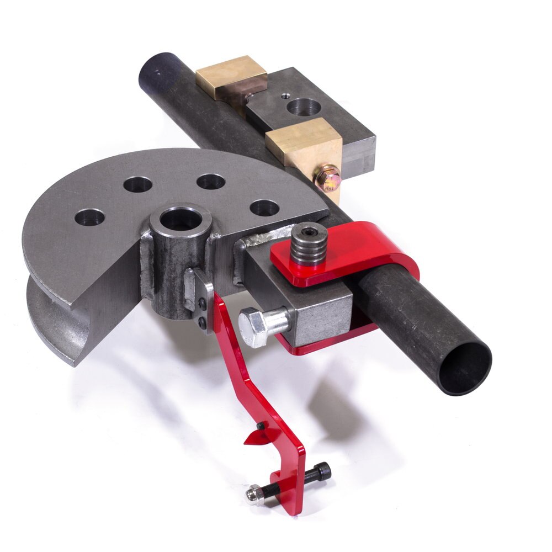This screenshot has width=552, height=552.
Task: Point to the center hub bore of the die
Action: point(180,218)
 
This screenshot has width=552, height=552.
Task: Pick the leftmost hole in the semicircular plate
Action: point(89,216)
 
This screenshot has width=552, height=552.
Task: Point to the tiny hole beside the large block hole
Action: point(284,95)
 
